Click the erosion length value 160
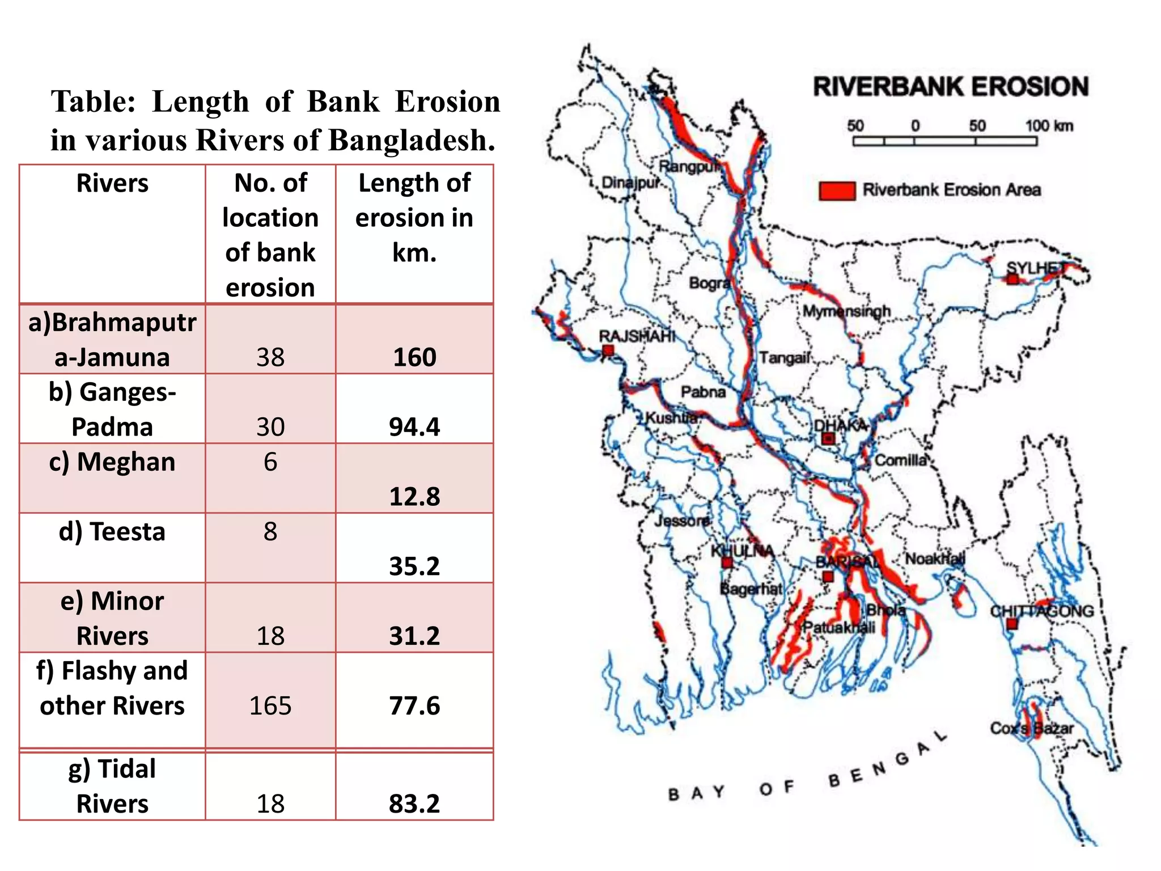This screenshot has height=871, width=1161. (414, 357)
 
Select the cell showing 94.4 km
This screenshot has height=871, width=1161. (414, 427)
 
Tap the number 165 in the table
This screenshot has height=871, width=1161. (270, 706)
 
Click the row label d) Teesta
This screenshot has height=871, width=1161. (112, 532)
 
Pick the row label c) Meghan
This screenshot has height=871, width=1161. (112, 462)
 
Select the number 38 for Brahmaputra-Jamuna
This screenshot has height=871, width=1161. (270, 357)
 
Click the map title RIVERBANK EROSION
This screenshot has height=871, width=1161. (951, 87)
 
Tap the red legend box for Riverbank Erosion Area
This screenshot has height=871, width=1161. (837, 191)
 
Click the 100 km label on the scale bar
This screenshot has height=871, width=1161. (1048, 126)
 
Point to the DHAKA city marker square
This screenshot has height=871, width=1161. (828, 438)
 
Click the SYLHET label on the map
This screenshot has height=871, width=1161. (1036, 268)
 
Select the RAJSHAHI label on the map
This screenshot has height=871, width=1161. (637, 336)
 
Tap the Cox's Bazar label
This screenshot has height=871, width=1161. (1031, 729)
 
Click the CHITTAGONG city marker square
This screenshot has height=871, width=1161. (1012, 624)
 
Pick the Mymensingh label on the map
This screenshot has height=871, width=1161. (846, 311)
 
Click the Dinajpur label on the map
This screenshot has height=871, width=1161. (630, 183)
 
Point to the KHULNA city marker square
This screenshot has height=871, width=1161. (727, 563)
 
